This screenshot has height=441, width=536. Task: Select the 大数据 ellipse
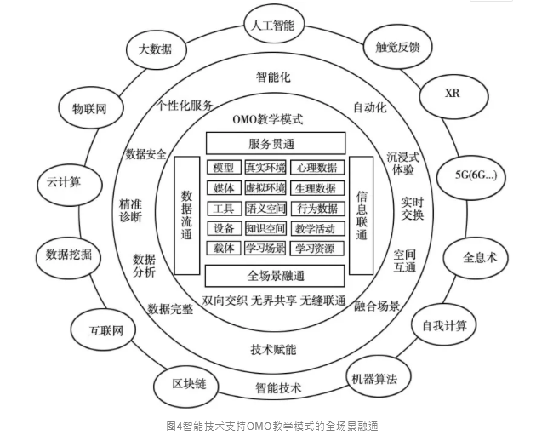pos(155,49)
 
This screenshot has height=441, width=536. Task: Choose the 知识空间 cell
pos(265,229)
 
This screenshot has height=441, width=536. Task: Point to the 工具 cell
pos(223,209)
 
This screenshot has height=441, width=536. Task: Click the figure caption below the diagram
pos(271,425)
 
